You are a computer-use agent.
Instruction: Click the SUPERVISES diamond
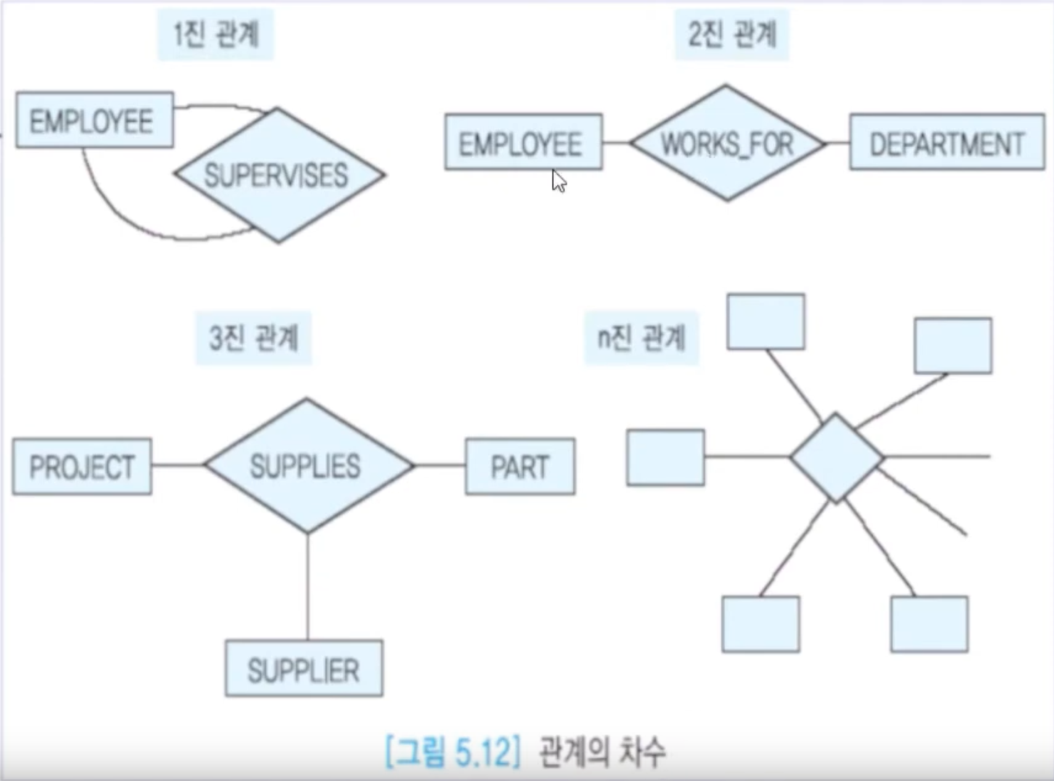(279, 175)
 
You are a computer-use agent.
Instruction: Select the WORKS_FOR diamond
(727, 143)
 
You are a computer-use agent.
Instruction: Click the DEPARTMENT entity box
(947, 142)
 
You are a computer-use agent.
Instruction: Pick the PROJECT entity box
(82, 467)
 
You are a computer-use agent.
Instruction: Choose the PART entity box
(520, 467)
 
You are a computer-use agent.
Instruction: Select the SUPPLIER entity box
(304, 669)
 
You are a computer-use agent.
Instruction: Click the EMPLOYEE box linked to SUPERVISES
(94, 120)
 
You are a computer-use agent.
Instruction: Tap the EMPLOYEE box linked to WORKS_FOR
(523, 142)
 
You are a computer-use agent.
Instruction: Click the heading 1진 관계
(215, 34)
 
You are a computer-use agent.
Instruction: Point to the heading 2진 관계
(732, 34)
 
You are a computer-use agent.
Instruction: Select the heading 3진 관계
(253, 338)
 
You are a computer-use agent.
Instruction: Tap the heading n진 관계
(641, 338)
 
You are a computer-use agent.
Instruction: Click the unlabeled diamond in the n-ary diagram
(836, 457)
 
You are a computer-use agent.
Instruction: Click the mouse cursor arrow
(558, 181)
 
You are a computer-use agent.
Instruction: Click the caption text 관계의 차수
(602, 751)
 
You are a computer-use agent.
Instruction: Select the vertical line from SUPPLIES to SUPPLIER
(308, 586)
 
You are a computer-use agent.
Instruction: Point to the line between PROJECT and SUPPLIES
(178, 465)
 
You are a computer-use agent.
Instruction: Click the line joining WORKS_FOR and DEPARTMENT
(837, 143)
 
